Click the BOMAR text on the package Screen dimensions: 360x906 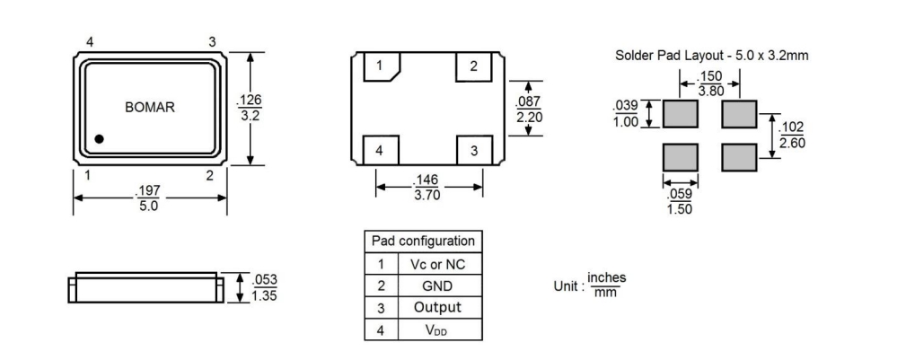click(149, 107)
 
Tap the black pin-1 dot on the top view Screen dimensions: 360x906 click(100, 139)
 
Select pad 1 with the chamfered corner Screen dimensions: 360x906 click(381, 66)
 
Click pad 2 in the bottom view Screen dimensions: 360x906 click(474, 66)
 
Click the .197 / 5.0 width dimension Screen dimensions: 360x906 click(148, 198)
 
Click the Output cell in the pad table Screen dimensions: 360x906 click(437, 307)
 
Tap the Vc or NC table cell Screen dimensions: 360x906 click(437, 264)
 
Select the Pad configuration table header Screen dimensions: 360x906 click(423, 241)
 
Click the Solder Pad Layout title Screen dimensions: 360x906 click(712, 55)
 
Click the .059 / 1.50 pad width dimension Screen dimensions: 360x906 click(680, 200)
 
